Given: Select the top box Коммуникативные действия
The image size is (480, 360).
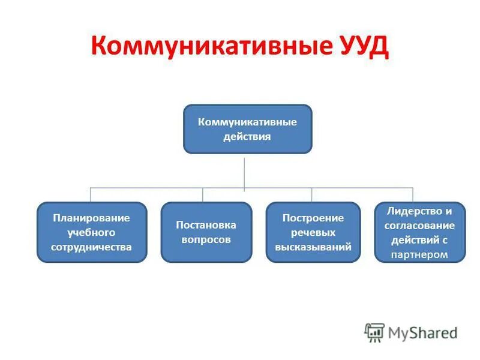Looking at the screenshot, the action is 247,129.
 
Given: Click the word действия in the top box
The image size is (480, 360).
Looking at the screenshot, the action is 247,137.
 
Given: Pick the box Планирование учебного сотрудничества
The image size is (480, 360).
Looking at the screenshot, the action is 92,232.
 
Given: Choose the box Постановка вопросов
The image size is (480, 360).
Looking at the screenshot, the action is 206,232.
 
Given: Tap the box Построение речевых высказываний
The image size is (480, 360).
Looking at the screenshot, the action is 313,232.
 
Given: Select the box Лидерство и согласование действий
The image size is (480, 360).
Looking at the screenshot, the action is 419,232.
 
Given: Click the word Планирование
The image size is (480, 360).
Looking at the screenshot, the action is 92,218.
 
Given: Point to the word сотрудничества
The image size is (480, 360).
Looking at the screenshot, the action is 92,247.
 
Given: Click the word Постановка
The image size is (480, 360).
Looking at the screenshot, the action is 206,225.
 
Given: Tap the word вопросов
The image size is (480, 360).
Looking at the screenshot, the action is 206,239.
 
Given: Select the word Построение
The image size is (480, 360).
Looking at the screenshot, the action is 313,218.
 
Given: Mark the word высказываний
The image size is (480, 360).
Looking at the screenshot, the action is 313,247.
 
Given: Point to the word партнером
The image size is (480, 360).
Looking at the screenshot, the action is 419,254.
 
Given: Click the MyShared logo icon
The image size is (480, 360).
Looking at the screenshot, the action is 374,332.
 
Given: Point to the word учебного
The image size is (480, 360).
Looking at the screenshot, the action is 92,232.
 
